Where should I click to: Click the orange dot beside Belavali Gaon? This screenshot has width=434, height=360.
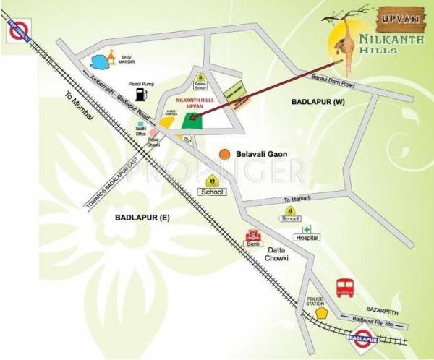(226, 154)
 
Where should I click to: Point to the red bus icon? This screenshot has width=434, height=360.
(344, 288)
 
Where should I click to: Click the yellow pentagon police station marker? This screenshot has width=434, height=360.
(323, 313)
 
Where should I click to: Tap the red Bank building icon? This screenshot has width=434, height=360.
(253, 236)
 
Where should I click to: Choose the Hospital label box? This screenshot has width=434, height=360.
(307, 237)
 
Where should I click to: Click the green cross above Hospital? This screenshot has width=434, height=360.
(306, 228)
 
